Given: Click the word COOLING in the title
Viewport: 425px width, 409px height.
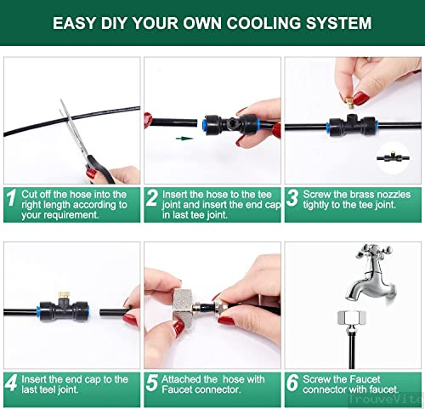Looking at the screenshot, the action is tap(263, 23).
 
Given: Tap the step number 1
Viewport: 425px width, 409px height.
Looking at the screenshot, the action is tap(11, 197).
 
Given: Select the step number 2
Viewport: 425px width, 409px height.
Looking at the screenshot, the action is tap(152, 197).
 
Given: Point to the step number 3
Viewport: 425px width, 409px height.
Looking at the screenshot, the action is tap(292, 197).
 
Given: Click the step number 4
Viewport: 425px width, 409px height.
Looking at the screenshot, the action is tap(12, 383).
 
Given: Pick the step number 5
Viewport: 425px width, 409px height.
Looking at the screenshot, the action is tap(152, 383).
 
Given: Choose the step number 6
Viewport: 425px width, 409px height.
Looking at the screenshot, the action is tap(292, 383).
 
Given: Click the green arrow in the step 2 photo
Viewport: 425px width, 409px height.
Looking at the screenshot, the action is tap(184, 139).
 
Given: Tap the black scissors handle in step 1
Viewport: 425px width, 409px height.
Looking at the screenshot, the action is tap(99, 169).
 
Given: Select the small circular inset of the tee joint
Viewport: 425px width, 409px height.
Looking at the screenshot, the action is tap(394, 157).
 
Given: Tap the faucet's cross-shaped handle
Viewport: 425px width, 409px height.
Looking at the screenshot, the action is tap(374, 251).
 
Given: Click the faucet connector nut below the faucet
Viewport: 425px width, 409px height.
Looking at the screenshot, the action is tap(352, 317).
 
